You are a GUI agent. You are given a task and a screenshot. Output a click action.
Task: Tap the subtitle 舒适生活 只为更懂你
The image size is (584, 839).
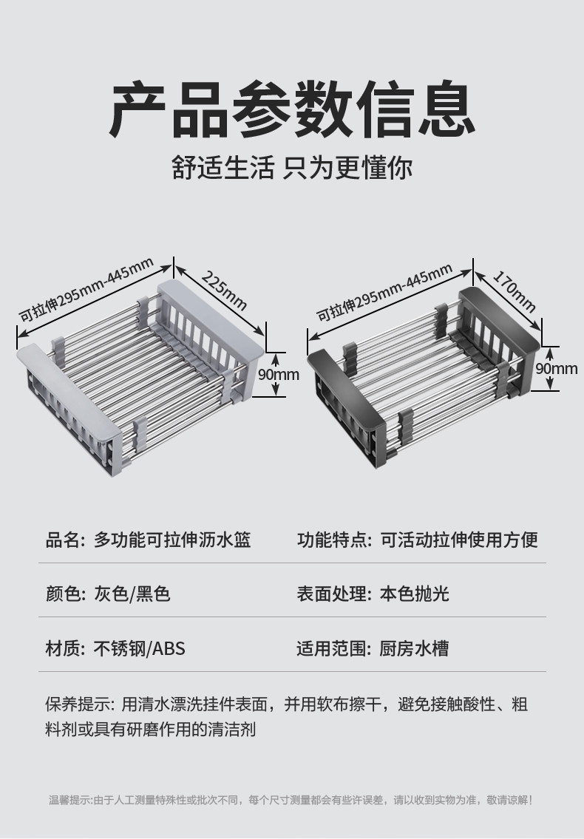pos(292,168)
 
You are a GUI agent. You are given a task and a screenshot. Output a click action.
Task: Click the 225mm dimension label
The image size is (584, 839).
pos(224,291)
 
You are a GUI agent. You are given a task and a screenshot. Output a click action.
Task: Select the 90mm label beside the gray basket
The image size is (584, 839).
pos(278,375)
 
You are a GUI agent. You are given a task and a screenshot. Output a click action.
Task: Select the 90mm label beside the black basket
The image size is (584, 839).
pos(556,368)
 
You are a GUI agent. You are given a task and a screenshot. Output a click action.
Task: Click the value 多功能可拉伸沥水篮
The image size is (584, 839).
pos(172,540)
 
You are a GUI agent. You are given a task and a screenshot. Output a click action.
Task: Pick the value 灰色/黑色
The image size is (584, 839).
pos(132,594)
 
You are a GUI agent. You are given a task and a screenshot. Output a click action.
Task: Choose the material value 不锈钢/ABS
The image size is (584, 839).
pos(139,649)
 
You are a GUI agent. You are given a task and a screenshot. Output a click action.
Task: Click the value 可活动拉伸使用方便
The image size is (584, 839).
pos(458,540)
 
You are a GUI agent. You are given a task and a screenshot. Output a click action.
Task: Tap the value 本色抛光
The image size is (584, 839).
pos(414,594)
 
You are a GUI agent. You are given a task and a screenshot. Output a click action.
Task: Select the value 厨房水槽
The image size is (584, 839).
pos(414,649)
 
